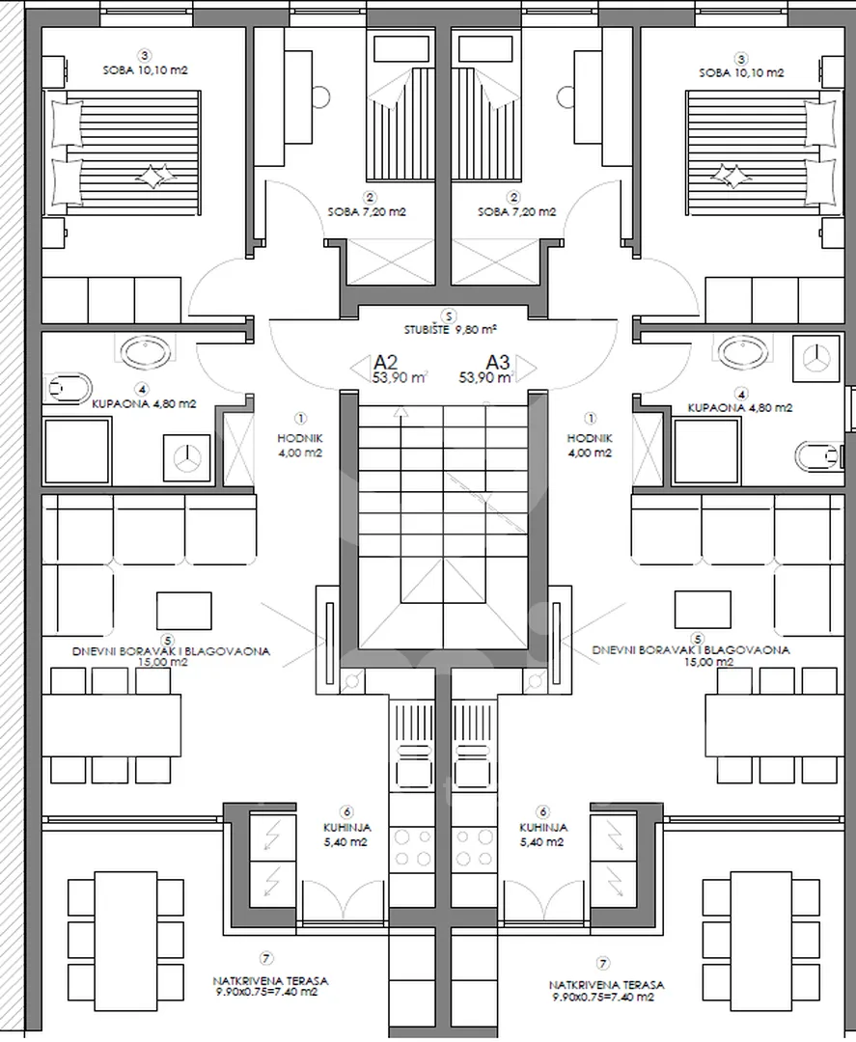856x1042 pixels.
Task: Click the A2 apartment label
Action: click(x=385, y=362)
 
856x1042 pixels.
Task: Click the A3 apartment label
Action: click(x=498, y=362)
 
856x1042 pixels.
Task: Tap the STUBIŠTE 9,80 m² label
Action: click(x=452, y=330)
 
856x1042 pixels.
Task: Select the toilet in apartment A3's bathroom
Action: click(x=818, y=454)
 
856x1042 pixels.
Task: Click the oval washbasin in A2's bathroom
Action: click(x=146, y=349)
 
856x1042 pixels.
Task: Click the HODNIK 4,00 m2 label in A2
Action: click(x=300, y=445)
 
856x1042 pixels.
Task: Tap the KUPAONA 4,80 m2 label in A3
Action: click(x=740, y=408)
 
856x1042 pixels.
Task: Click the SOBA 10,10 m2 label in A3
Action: click(x=742, y=73)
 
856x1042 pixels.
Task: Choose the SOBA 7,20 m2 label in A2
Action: click(x=367, y=212)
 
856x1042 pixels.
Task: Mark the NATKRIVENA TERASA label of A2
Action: click(x=270, y=981)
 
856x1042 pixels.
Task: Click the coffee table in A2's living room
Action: click(x=184, y=610)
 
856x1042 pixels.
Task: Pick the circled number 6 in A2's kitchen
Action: click(x=346, y=812)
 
